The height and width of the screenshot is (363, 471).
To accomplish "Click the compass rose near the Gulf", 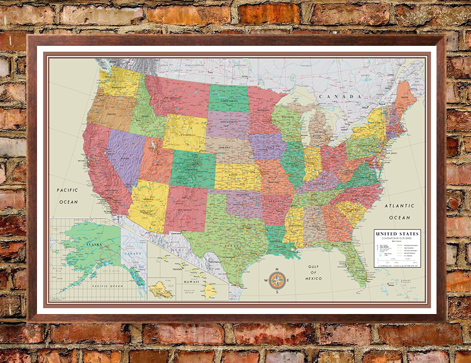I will coord(277,280).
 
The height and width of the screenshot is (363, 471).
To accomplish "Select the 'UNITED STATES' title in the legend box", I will coord(397,234).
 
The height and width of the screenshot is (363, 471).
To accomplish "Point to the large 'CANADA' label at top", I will coord(339,96).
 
